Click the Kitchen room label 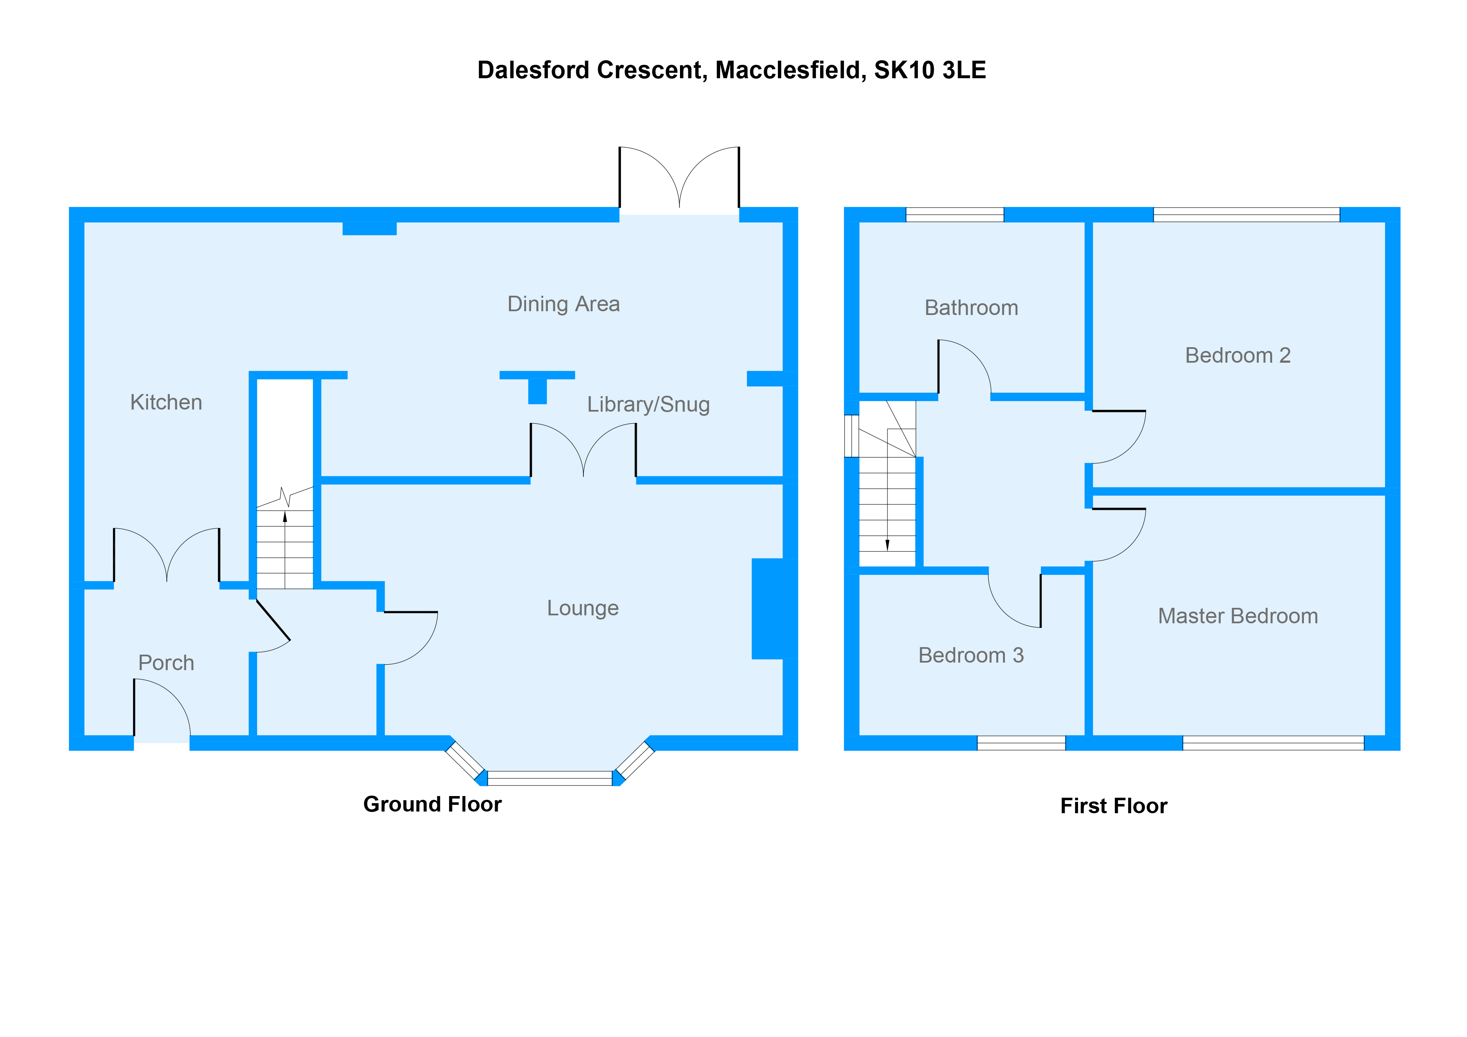coord(166,402)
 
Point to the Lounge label coord(583,608)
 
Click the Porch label coord(166,663)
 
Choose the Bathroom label coord(971,308)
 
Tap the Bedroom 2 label coord(1237,355)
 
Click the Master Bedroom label coord(1237,616)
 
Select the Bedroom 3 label coord(971,655)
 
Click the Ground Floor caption coord(432,804)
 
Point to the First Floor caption coord(1113,806)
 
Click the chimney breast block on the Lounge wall coord(774,608)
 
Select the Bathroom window coord(955,215)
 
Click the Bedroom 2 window coord(1246,215)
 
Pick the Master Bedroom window coord(1273,743)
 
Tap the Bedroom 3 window coord(1021,743)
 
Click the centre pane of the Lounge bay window coord(549,778)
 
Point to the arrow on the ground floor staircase coord(285,516)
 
